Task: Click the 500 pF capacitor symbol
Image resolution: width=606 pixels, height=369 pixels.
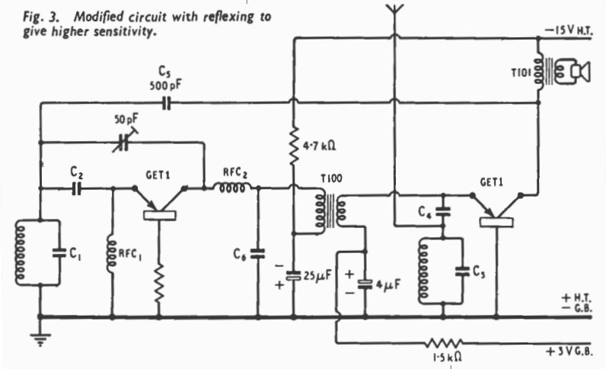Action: (166, 103)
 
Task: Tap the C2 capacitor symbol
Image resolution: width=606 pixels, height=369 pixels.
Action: (77, 188)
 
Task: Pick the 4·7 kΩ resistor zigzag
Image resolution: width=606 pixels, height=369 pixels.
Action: (294, 145)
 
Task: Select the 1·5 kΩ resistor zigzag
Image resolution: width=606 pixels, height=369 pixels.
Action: (444, 343)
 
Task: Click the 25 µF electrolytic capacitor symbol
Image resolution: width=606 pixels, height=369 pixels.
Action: (293, 276)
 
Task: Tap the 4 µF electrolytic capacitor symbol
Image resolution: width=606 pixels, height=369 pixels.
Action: (365, 284)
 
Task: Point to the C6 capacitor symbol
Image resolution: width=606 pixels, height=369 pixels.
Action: (258, 254)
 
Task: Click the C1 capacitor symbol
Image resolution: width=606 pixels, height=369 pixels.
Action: (59, 253)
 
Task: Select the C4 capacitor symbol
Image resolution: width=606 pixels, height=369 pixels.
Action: (443, 211)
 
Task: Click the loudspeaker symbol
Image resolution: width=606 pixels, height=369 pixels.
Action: (573, 71)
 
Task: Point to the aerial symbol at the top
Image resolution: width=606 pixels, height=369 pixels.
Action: (394, 11)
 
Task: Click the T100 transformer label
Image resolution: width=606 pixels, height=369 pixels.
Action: (332, 178)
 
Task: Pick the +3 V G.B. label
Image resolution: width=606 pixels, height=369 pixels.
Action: (569, 352)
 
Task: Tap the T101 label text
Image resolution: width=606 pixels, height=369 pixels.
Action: (521, 72)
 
